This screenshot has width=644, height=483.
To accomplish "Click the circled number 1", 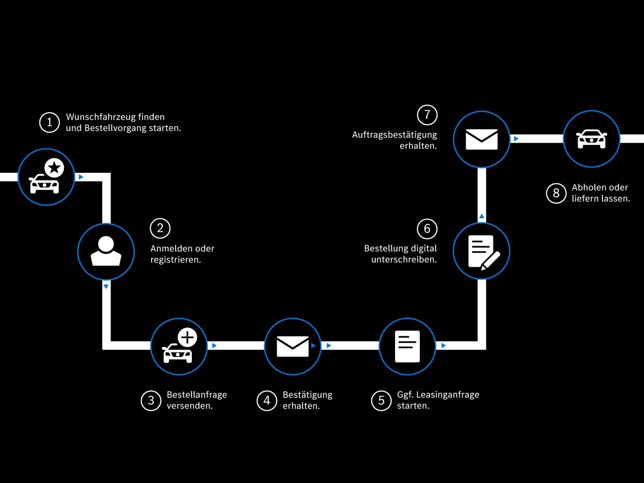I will pos(50,122).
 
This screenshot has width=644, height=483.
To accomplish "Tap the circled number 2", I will pos(160,228).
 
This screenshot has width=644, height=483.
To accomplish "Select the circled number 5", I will pos(381,401).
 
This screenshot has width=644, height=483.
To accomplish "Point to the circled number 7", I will pos(427,115).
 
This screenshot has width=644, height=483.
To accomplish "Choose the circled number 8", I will pos(556,193).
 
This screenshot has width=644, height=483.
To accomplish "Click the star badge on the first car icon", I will pos(54,168).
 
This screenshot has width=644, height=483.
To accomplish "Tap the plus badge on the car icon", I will pos(187,337).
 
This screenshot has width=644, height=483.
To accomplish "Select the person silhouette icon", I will pos(106,251).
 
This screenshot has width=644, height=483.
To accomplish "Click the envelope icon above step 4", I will pos(293,346).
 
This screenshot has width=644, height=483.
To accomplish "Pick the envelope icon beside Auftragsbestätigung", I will pos(481,139).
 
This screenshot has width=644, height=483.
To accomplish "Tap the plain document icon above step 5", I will pos(407,346).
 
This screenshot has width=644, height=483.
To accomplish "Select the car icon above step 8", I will pos(592,139).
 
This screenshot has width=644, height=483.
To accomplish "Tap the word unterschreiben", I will pos(404,260).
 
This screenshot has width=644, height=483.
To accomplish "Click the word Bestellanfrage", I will pos(197,395).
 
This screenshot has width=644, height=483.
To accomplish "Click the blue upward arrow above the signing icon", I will pos(481,216).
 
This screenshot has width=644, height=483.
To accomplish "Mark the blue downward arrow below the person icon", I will pos(106,287).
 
